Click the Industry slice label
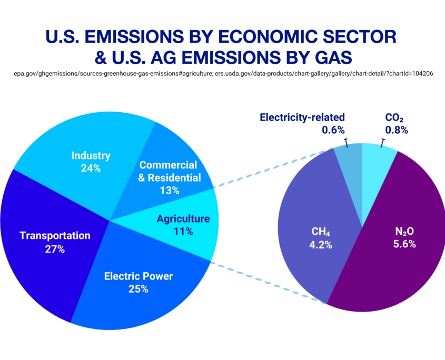point(91,156)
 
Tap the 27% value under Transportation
point(55,249)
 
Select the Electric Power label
point(138,276)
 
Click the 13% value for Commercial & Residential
point(170,191)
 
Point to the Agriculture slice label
point(183,219)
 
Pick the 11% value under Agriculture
point(183,232)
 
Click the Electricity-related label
point(302,117)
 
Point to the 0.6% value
point(334,130)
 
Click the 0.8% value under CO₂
point(396,130)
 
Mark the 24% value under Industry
point(91,168)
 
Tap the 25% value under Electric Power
point(138,289)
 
